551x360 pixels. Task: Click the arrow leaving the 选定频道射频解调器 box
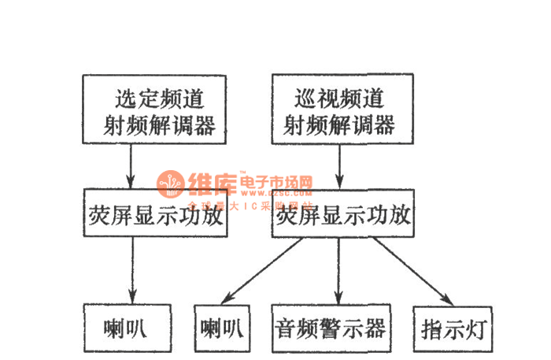tap(131, 166)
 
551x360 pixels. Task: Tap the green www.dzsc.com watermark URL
tap(280, 192)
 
